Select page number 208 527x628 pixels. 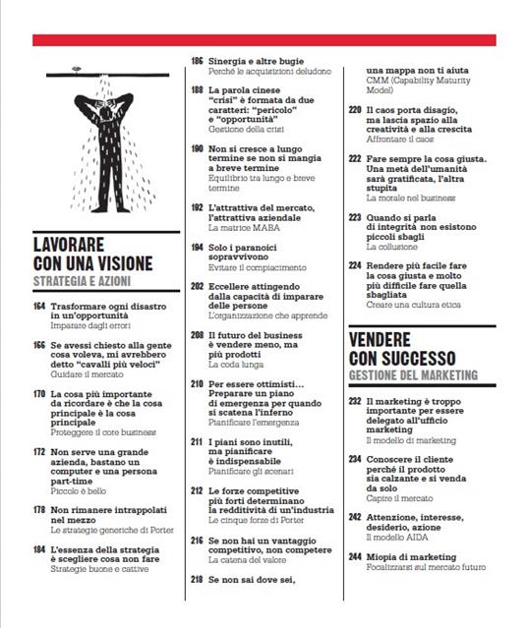point(197,335)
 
